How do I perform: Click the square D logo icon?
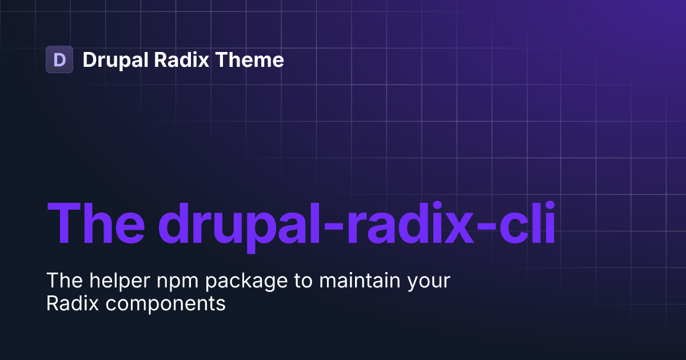(59, 59)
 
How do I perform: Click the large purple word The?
(95, 223)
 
